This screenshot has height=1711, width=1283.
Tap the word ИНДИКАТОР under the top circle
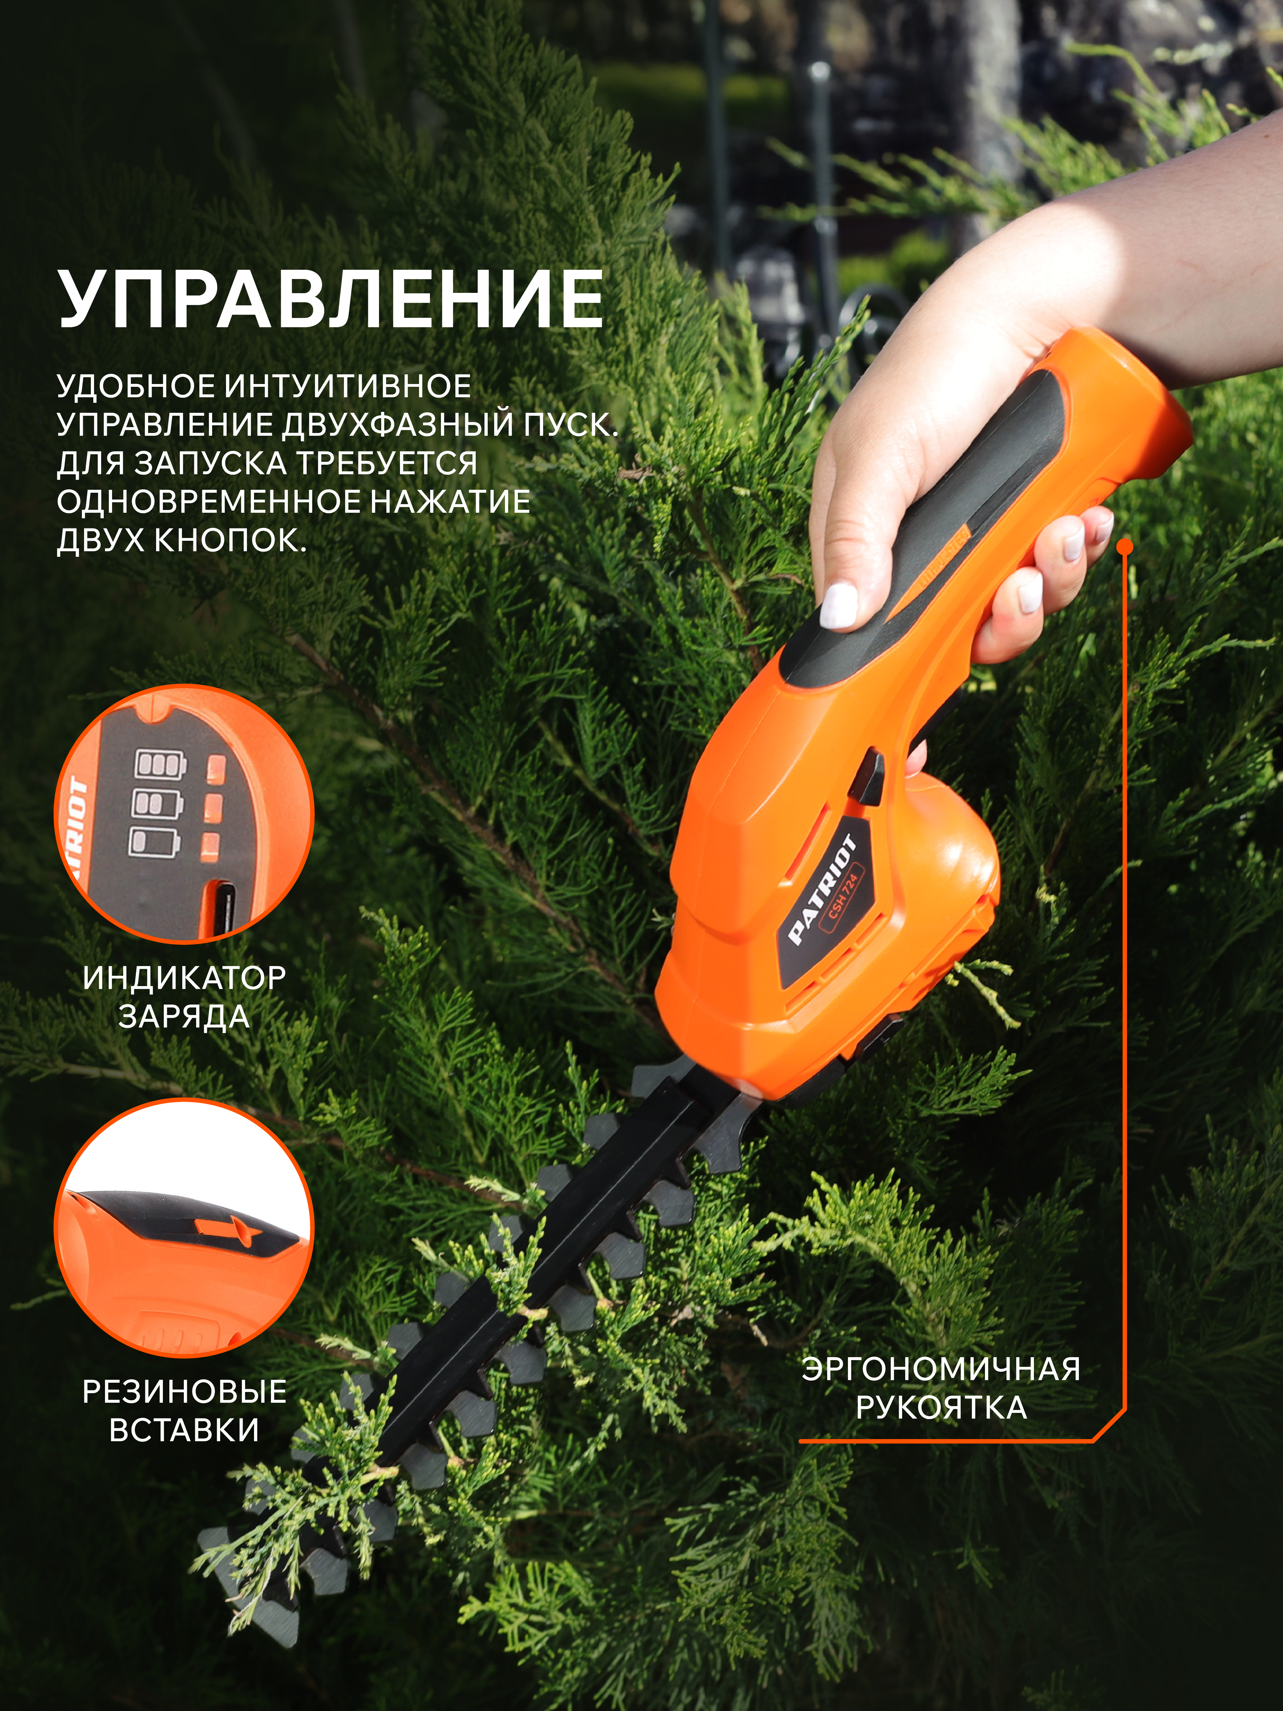click(x=184, y=978)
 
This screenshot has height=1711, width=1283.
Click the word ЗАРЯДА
click(x=184, y=1016)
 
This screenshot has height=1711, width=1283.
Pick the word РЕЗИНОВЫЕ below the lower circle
click(x=184, y=1392)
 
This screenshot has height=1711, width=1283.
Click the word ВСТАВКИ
click(x=184, y=1430)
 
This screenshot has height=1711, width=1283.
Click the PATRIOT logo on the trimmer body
click(x=822, y=890)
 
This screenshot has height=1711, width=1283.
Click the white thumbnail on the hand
click(x=839, y=606)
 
